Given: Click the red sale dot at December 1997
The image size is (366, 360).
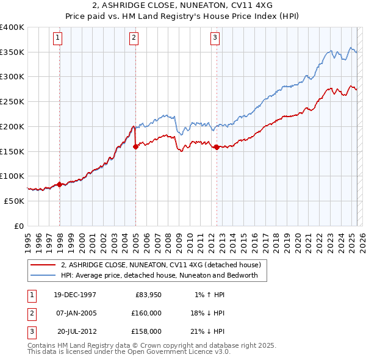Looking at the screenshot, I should coord(59,184).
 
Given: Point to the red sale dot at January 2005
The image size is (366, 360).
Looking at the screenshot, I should coord(135,146).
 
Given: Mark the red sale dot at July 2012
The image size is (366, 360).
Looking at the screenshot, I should coord(217,147).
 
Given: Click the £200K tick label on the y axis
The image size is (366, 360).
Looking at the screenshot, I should coord(12,126).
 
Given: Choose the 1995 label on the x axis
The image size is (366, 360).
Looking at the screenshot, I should coord(27,237).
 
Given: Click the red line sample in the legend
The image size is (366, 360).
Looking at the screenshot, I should coord(43,265).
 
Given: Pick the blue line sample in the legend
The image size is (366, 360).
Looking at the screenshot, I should coord(43,275).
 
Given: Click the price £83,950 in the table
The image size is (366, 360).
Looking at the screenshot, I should coord(147,295).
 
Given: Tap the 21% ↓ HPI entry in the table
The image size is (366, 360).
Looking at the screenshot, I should coord(206,331).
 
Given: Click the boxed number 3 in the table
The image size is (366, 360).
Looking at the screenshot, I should coord(30,331).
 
